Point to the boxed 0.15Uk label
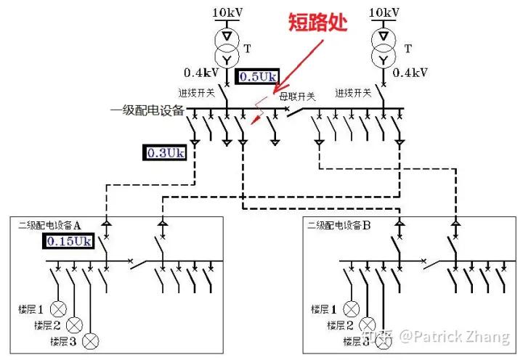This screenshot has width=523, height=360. tap(70, 241)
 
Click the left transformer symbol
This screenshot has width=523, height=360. tap(227, 47)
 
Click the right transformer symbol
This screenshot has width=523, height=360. tap(383, 47)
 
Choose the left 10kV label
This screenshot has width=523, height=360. tap(228, 12)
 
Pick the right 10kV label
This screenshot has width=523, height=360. tap(384, 12)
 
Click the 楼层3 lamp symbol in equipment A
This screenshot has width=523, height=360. tap(91, 340)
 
